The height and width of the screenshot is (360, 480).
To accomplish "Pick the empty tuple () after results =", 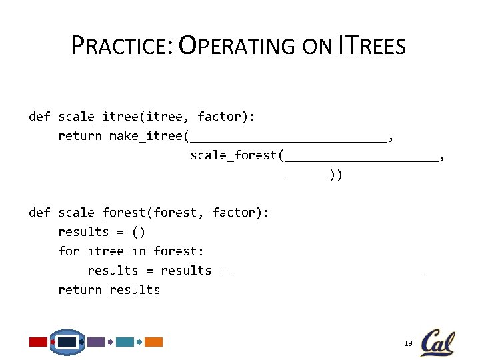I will coord(138,232).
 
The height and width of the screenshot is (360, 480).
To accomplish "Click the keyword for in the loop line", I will coord(69,251).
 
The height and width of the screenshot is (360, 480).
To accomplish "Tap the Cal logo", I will coord(437,343).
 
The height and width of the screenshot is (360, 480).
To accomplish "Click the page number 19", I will coord(408,343).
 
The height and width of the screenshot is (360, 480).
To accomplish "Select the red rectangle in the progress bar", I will coord(38,342).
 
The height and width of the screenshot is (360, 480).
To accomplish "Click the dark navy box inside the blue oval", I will coord(67,342).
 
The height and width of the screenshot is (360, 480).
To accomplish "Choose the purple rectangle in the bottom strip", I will coord(96,342).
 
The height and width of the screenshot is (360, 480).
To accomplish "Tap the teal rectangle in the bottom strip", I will coord(125,342).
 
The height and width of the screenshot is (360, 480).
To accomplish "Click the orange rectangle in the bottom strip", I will coord(154,342).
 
